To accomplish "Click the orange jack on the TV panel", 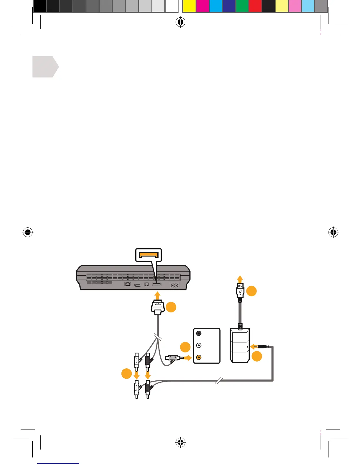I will [x=199, y=357].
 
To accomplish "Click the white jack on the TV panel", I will [x=199, y=345].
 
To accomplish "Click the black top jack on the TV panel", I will [x=199, y=333].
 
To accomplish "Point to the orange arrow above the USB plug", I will [x=240, y=279].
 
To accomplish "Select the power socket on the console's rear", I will [x=174, y=285].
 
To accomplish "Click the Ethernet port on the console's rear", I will [x=128, y=284].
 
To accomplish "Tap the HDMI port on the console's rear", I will [x=138, y=285].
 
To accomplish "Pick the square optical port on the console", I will [x=147, y=284].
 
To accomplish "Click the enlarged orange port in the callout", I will [x=149, y=254].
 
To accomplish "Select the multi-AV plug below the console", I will [x=157, y=308].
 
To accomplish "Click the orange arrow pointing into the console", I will [x=157, y=295].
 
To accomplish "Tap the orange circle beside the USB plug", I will [x=251, y=291].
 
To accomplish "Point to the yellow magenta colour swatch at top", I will [x=202, y=6].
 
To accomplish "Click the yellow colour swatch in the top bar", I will [x=189, y=6].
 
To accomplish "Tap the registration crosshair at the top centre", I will [x=181, y=22].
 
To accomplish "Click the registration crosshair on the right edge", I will [x=333, y=232].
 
